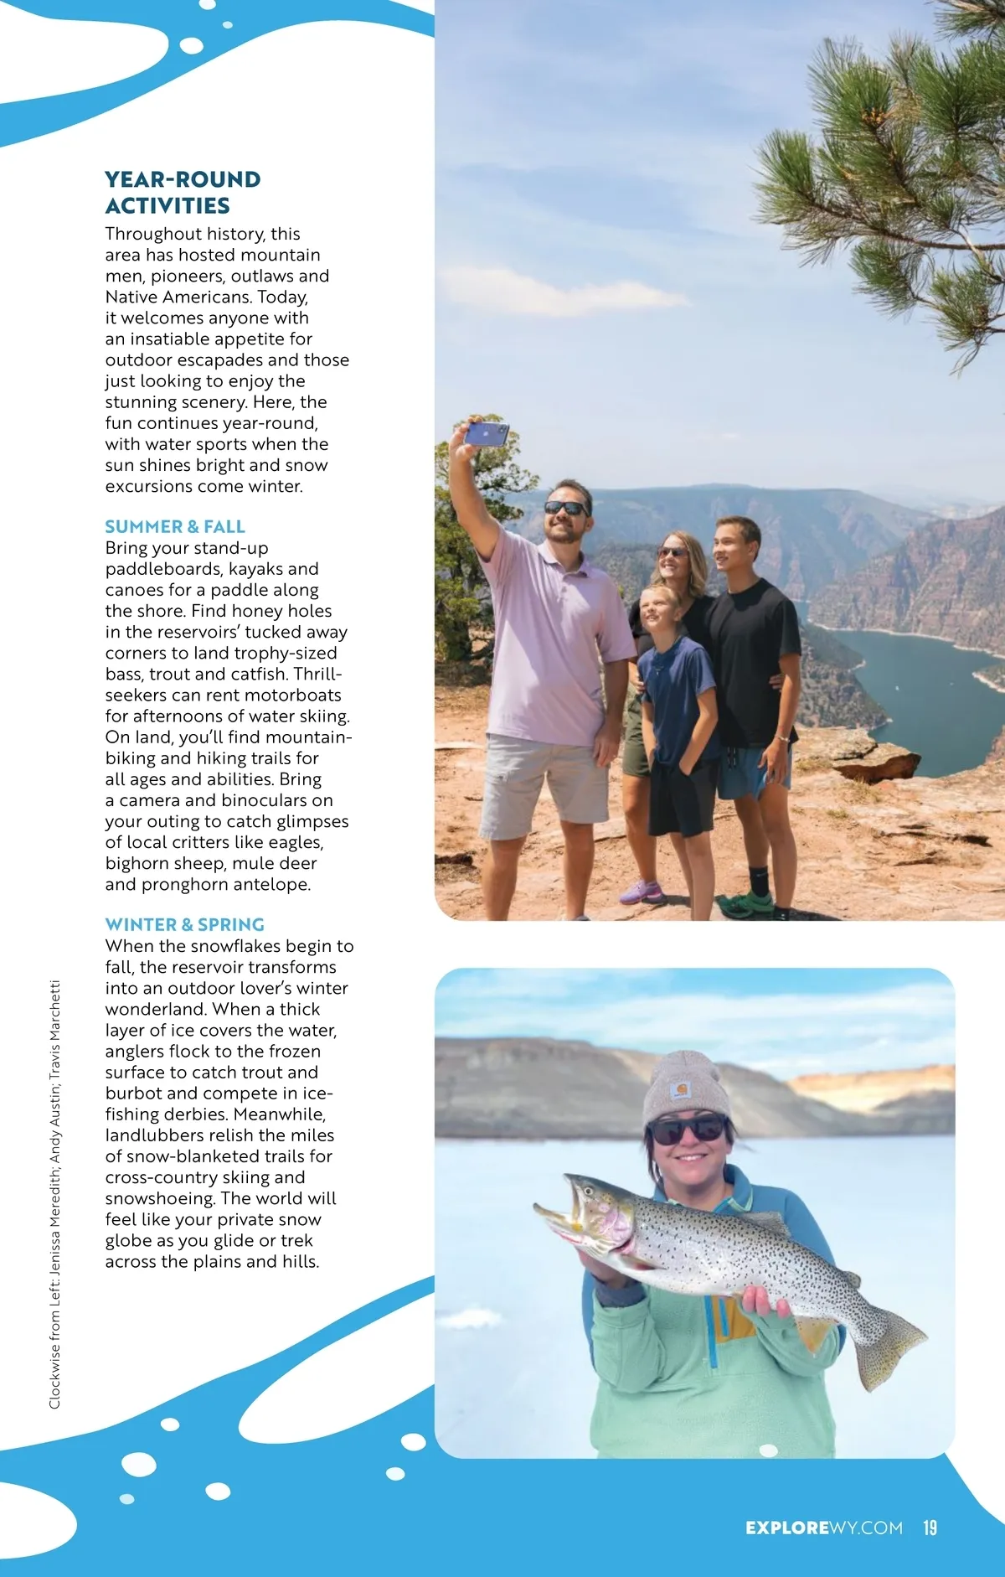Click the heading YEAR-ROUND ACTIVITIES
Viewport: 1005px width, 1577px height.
(x=183, y=192)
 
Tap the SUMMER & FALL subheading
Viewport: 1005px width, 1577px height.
(x=175, y=526)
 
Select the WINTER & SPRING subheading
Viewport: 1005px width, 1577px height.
(x=184, y=924)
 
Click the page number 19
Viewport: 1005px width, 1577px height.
(x=930, y=1528)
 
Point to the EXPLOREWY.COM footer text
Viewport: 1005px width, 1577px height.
(x=824, y=1528)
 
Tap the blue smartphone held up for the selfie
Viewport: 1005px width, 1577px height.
(x=486, y=433)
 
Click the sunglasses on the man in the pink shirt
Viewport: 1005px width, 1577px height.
(x=567, y=508)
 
